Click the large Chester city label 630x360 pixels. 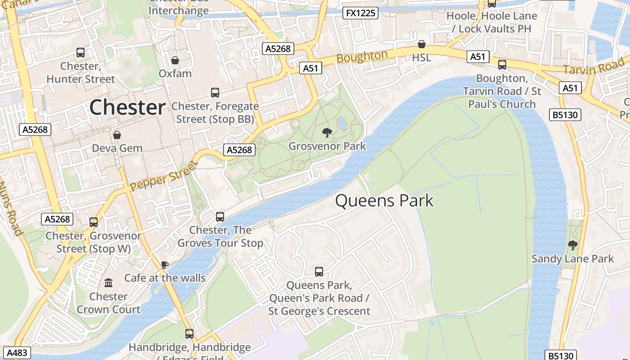click(127, 108)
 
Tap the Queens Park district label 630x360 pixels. click(384, 201)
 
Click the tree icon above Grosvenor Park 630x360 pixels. click(327, 132)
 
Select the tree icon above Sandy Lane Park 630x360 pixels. click(572, 245)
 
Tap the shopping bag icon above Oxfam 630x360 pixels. click(175, 60)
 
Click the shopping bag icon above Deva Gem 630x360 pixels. click(117, 135)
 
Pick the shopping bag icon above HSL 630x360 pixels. click(422, 44)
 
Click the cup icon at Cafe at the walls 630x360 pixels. click(165, 265)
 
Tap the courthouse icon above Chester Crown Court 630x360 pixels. click(108, 283)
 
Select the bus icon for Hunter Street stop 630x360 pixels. click(81, 53)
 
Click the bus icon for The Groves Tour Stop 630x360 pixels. click(220, 217)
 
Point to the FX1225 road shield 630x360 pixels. click(360, 13)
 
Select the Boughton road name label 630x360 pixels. click(362, 57)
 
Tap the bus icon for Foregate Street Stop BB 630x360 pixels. click(215, 93)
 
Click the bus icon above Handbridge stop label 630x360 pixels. click(189, 334)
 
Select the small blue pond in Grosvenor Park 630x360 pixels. click(342, 123)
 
